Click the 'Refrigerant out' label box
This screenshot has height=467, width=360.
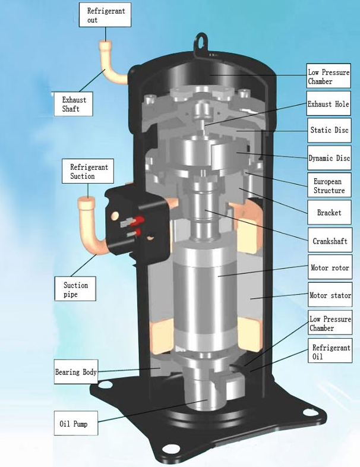[x=105, y=15]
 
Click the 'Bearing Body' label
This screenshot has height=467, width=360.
[x=75, y=372]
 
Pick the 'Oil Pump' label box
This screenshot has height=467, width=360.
[x=75, y=424]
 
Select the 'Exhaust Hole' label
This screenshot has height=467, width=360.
[x=327, y=104]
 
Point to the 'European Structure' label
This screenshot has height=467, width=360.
[x=329, y=185]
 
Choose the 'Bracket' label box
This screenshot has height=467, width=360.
[x=329, y=212]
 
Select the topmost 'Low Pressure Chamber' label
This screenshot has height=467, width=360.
[x=329, y=77]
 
